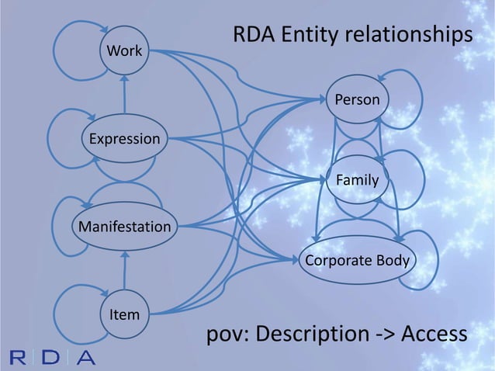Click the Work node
pos(124,52)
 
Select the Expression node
pos(125,139)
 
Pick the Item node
pos(124,314)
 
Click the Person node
pos(357,99)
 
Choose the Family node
pos(357,180)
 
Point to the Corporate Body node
pos(356,260)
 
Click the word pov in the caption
pos(225,335)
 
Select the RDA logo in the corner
pos(54,358)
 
